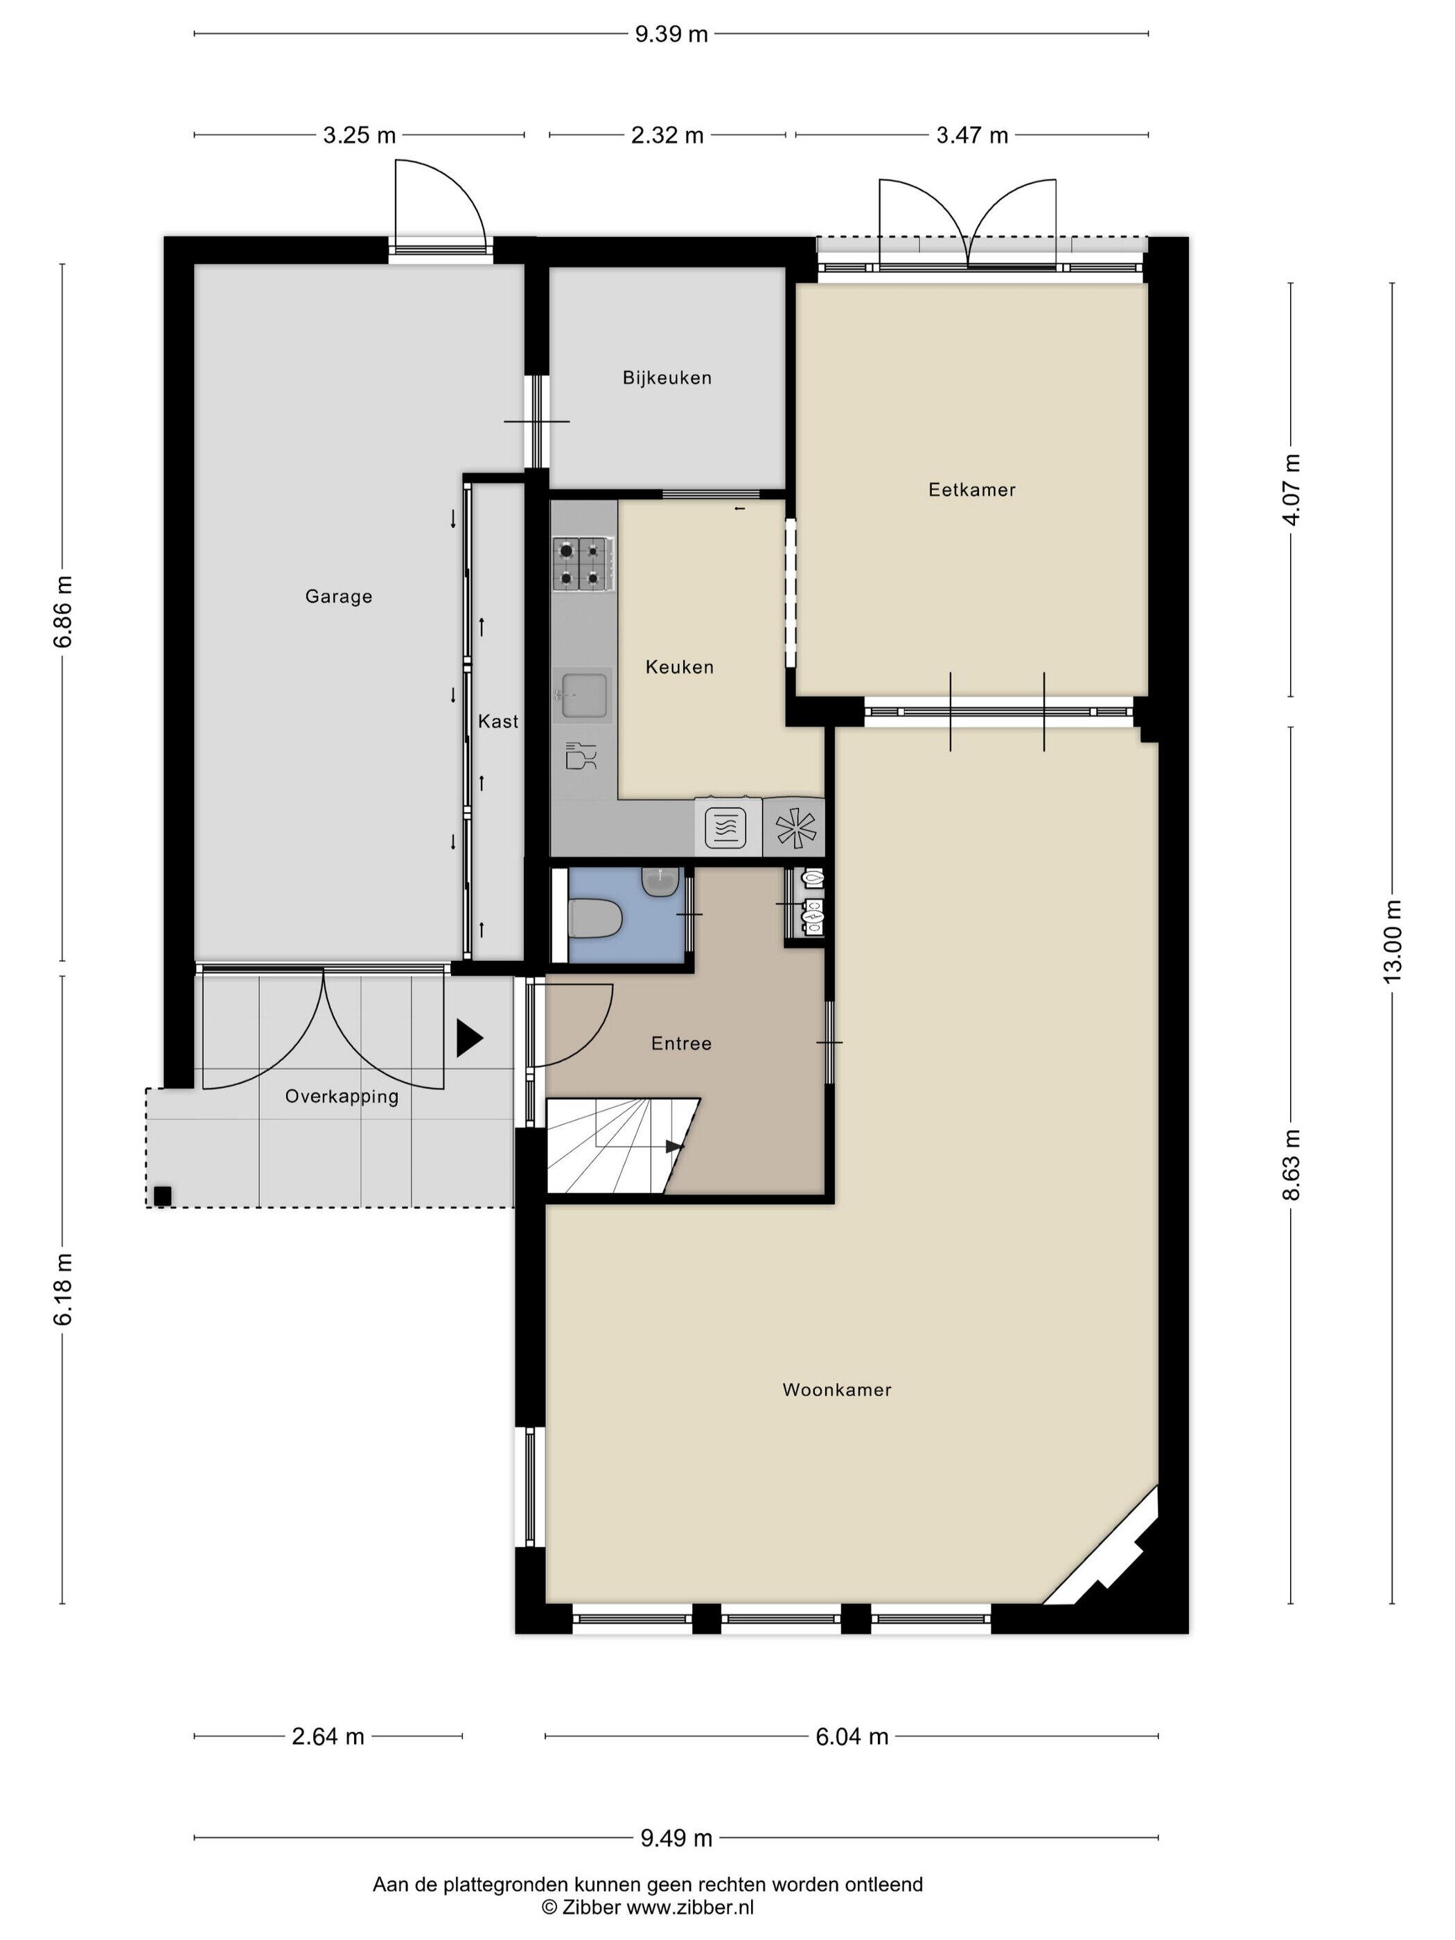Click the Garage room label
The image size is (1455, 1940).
(x=339, y=597)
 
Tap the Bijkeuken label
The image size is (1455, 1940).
(x=667, y=378)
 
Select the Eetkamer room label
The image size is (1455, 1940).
(x=972, y=489)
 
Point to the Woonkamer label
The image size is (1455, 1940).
(x=837, y=1389)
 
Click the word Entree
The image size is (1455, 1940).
(x=680, y=1043)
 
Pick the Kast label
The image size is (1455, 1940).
(x=498, y=721)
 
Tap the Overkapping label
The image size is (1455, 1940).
(x=341, y=1096)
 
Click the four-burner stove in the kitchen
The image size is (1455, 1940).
(x=583, y=562)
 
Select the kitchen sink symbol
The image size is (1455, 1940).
(x=583, y=695)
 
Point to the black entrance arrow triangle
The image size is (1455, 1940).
(x=469, y=1039)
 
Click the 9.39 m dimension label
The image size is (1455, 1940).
(x=671, y=34)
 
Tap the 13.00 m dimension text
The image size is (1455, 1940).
(x=1392, y=940)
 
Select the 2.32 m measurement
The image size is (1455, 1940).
(x=667, y=135)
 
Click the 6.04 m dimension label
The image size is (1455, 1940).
(x=852, y=1736)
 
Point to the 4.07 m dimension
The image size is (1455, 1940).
(x=1290, y=489)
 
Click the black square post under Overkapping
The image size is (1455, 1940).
(x=162, y=1195)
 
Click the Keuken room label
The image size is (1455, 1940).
(x=680, y=667)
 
